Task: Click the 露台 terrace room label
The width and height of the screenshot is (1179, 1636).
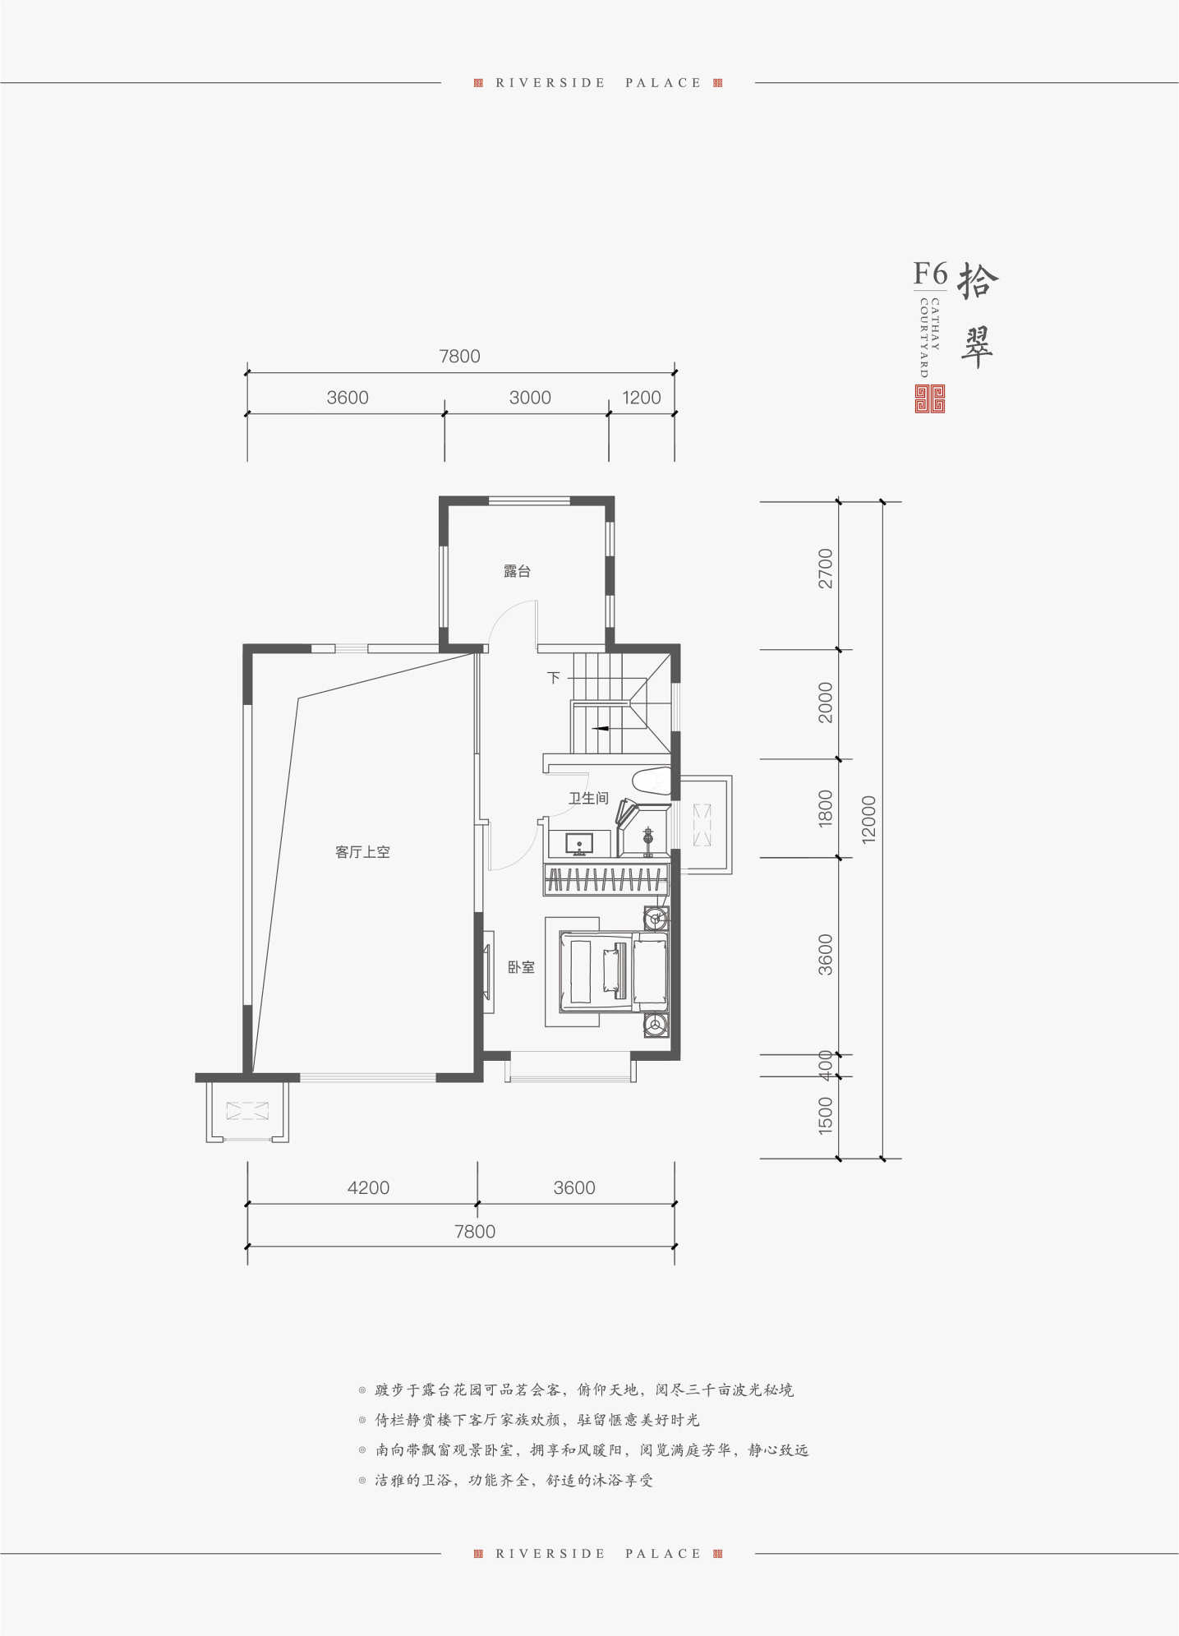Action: click(517, 571)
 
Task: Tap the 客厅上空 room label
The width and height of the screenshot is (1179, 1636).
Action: click(362, 852)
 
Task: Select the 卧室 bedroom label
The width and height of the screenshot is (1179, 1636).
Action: click(521, 967)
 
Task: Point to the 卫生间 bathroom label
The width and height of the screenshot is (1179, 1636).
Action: click(588, 798)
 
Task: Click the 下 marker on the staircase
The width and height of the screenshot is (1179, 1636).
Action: click(554, 678)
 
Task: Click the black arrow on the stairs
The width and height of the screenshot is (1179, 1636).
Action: click(600, 727)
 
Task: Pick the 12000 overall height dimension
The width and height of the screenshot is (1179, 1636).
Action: click(868, 819)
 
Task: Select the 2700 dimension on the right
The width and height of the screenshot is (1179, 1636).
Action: click(825, 569)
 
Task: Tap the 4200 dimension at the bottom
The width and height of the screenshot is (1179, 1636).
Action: click(368, 1187)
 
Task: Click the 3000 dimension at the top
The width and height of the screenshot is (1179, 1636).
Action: click(530, 398)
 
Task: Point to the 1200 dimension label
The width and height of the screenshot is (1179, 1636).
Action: click(642, 398)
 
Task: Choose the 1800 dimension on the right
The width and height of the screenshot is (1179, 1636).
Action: click(825, 808)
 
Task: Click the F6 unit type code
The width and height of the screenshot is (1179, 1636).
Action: click(930, 273)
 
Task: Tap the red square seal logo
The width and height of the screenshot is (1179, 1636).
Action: click(930, 399)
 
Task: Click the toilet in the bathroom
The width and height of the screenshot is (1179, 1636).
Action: click(652, 780)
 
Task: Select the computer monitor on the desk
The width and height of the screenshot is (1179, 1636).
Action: click(579, 844)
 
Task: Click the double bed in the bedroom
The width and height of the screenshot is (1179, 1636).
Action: click(614, 972)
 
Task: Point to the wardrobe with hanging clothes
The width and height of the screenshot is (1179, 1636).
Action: click(606, 879)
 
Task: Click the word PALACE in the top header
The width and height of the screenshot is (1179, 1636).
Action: click(663, 83)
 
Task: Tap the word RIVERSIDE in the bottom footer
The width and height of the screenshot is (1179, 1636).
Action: click(550, 1554)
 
